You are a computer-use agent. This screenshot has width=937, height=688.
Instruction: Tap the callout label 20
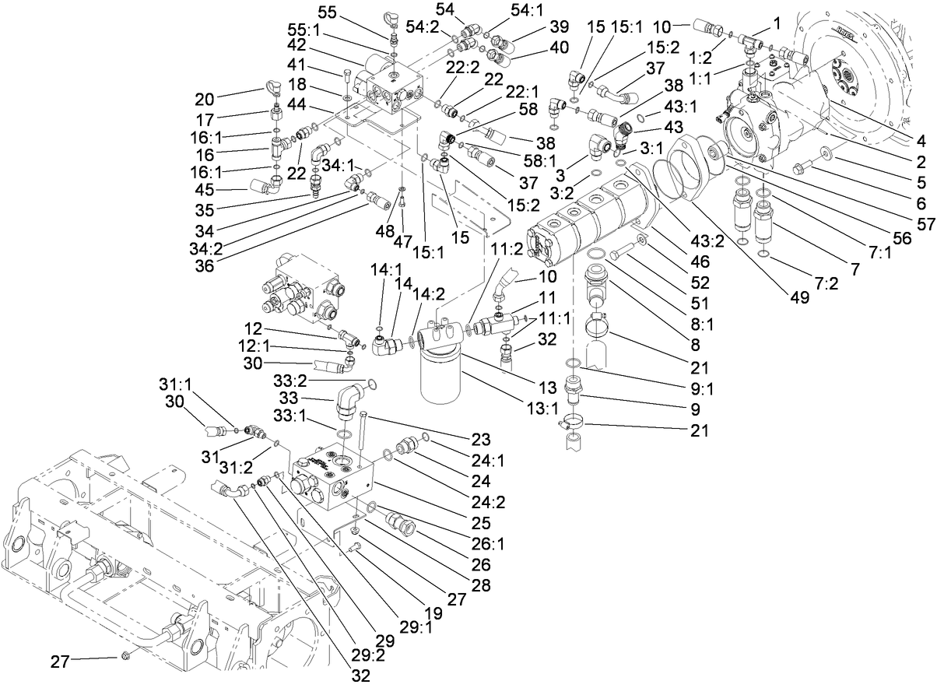click(x=203, y=99)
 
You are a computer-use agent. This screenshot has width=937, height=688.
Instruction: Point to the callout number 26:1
click(x=493, y=544)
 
